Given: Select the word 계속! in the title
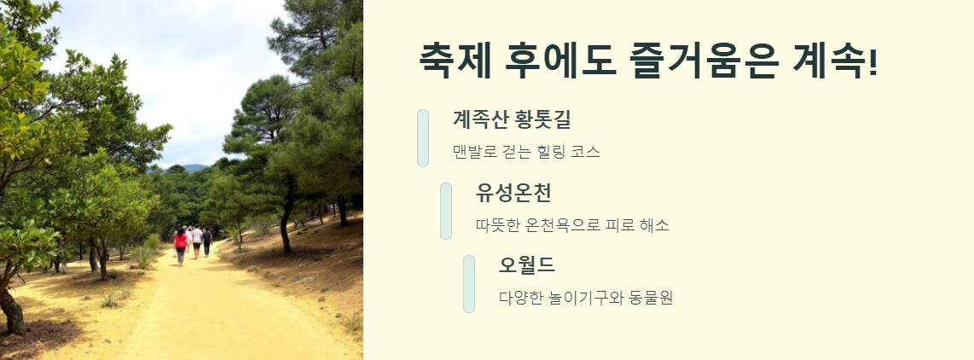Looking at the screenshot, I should click(x=835, y=61).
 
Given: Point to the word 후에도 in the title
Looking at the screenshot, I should click(x=565, y=61).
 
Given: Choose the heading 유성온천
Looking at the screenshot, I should click(x=513, y=193).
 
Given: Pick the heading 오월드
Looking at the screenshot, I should click(x=527, y=265).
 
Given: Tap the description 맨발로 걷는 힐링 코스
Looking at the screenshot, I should click(x=526, y=153).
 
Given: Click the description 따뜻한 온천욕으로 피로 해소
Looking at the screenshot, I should click(x=572, y=225).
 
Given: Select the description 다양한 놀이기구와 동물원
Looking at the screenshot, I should click(x=586, y=299).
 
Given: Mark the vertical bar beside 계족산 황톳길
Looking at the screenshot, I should click(x=423, y=138).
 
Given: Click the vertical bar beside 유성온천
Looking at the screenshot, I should click(x=446, y=211).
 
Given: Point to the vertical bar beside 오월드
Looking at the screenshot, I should click(x=469, y=284).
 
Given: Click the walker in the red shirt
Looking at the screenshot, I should click(x=180, y=243).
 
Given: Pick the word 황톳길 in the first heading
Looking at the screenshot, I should click(x=543, y=119).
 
